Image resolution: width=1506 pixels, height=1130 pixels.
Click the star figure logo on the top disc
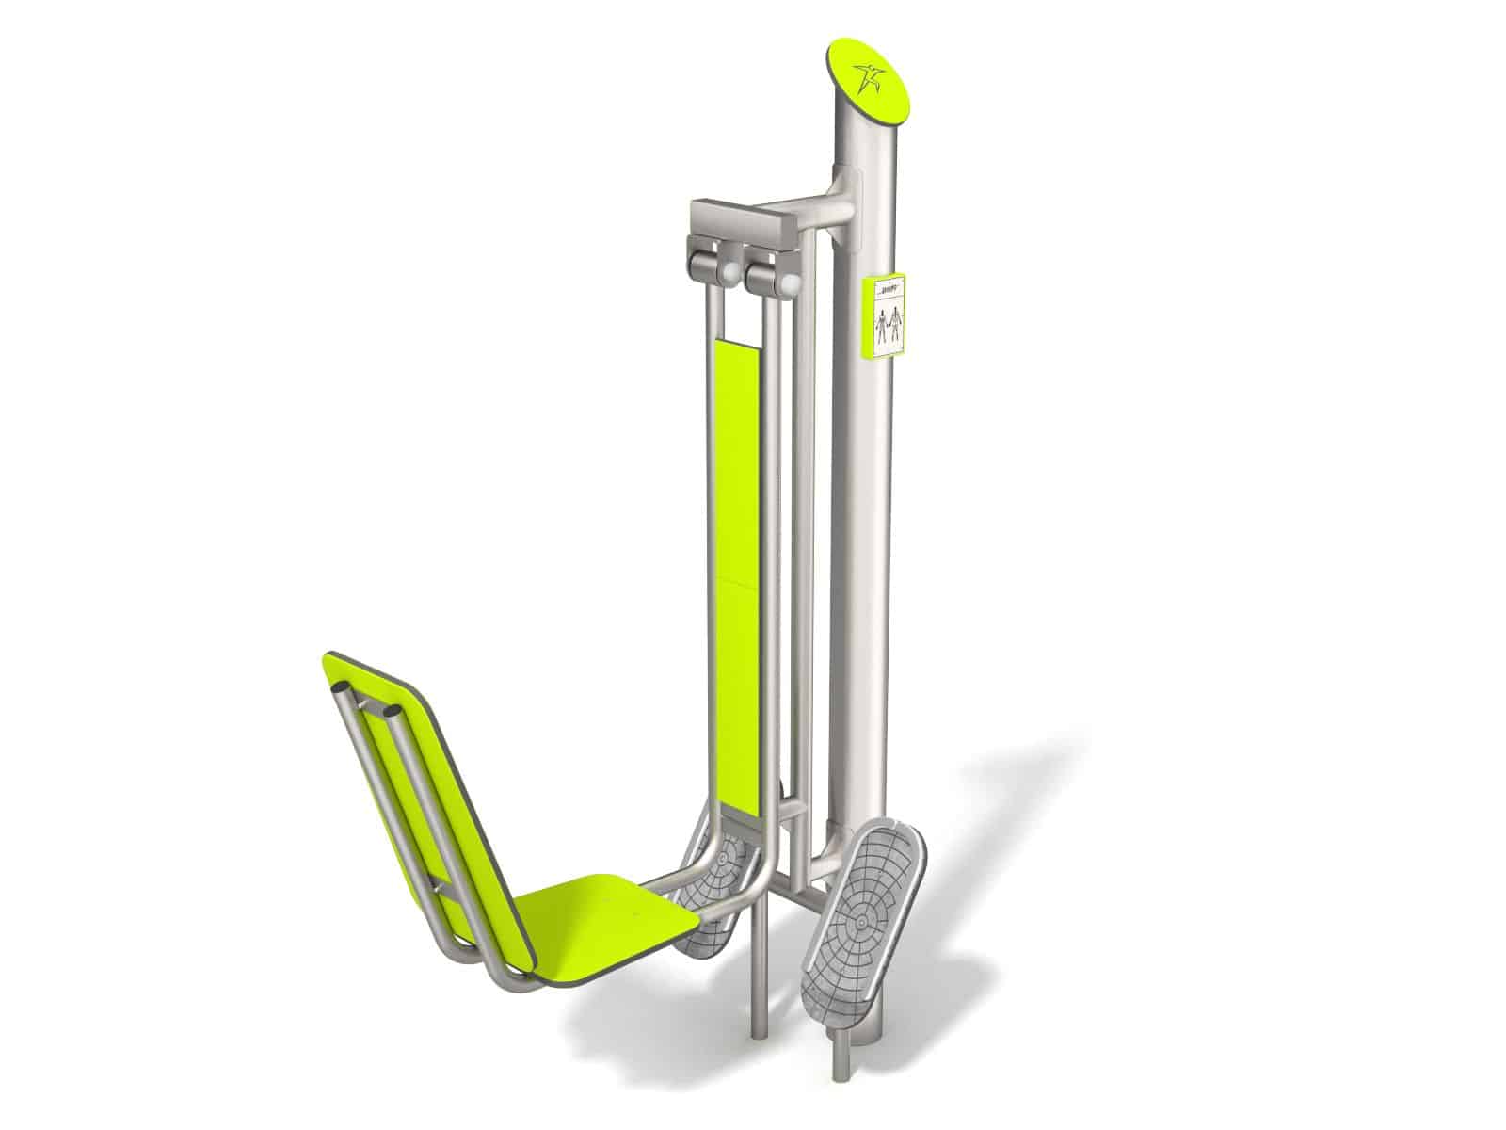pos(866,74)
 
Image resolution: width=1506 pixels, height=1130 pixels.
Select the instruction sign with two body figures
pos(885,317)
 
